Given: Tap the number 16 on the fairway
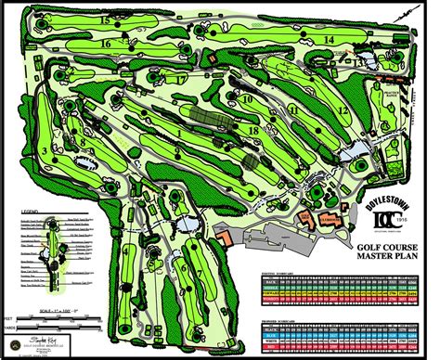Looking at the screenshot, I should (106, 43).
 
